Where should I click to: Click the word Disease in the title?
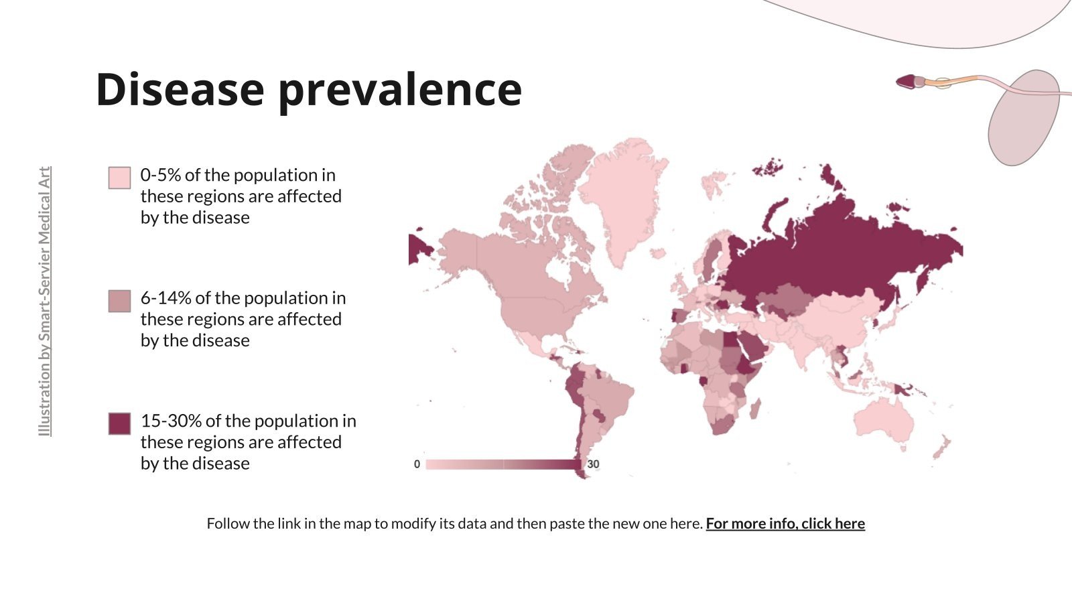tap(180, 89)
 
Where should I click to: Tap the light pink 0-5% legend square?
tap(119, 178)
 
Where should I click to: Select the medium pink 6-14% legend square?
tap(119, 301)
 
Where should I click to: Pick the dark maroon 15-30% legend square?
tap(119, 423)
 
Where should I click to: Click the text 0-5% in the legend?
tap(161, 176)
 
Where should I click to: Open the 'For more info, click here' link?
tap(785, 523)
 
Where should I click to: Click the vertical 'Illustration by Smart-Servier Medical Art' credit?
tap(44, 301)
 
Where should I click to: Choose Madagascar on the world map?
tap(755, 407)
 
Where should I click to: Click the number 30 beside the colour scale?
tap(593, 464)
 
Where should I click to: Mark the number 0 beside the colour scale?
tap(417, 464)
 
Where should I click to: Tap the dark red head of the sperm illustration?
tap(907, 82)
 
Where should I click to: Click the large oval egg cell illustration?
tap(1023, 117)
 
